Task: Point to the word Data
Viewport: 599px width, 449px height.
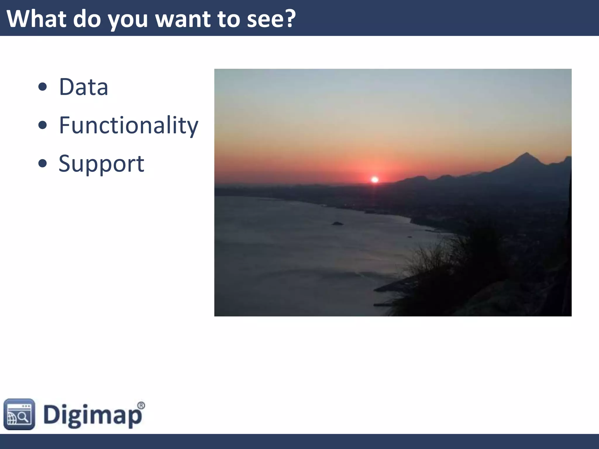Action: coord(84,87)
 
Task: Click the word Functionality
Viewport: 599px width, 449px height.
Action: coord(129,125)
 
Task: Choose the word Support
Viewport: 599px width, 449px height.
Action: coord(101,164)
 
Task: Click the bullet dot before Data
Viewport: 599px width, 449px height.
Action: coord(43,87)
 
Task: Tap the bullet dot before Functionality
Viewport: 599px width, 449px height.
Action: coord(43,125)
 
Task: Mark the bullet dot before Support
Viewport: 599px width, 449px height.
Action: coord(43,163)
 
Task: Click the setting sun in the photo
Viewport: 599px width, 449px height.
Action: coord(375,179)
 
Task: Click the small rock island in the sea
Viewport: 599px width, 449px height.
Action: coord(337,224)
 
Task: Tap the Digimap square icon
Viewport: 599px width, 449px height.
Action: coord(19,414)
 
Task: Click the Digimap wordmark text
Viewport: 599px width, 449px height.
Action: coord(92,415)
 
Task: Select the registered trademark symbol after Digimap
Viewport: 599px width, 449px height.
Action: coord(141,405)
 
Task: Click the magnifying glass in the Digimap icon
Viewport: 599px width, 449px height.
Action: coord(23,416)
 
